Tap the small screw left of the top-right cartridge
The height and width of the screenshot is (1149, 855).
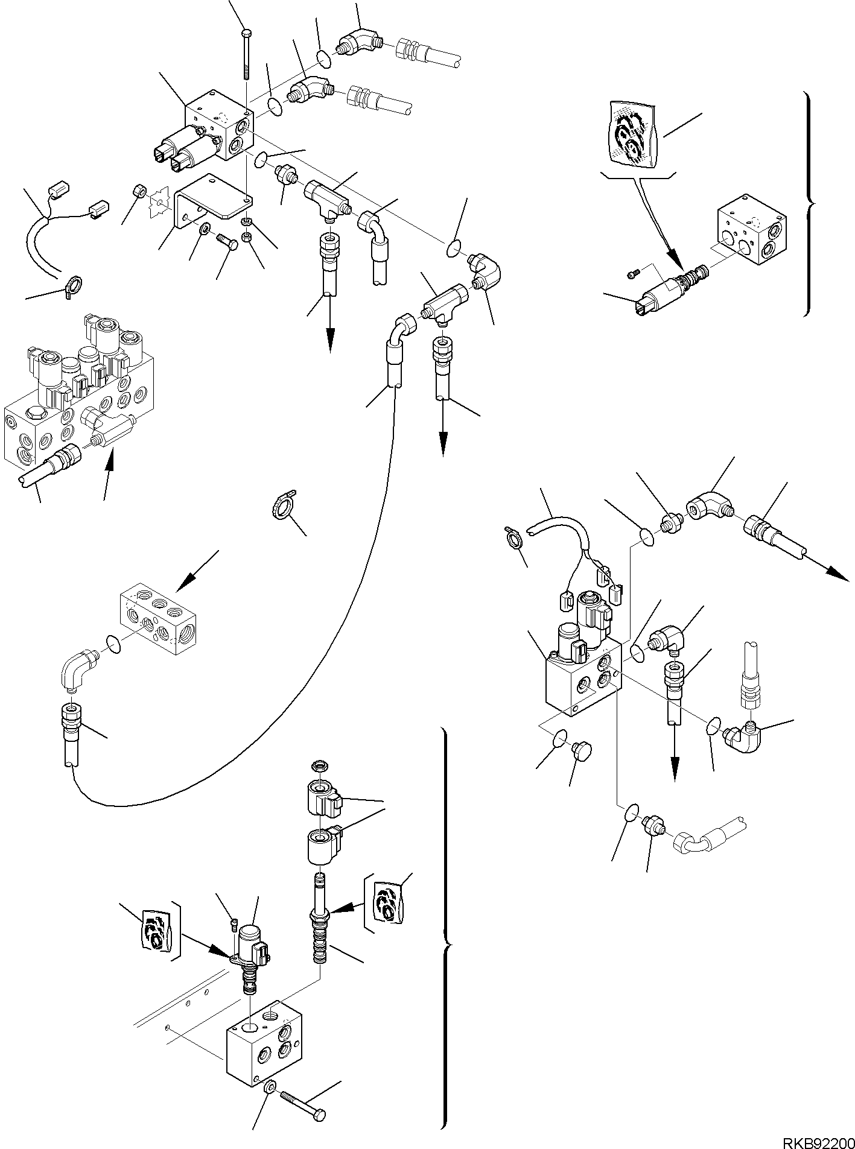632,274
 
